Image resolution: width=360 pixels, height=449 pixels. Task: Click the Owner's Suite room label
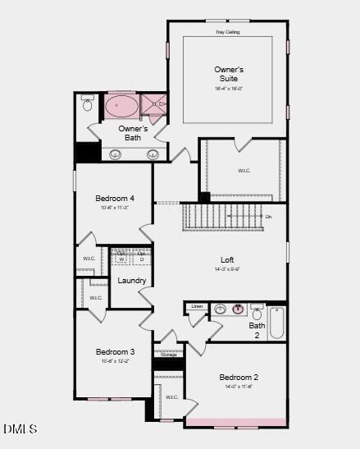pos(229,74)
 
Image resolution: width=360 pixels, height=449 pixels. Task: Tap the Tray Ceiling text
pos(227,32)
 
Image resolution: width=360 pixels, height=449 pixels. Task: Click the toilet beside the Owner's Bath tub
pos(88,105)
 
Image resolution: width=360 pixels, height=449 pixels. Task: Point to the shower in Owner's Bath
pos(153,105)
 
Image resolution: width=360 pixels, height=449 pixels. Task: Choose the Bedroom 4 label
pos(115,199)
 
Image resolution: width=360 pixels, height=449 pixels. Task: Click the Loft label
pos(227,260)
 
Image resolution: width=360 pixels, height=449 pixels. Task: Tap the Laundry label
pos(132,281)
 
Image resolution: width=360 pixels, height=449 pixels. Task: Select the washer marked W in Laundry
pos(121,259)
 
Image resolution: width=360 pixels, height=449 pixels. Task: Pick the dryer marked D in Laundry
pos(141,259)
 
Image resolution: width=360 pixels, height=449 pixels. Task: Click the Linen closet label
pos(196,306)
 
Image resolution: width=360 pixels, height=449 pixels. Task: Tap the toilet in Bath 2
pos(257,314)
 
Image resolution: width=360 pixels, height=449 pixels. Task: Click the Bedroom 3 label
pos(115,352)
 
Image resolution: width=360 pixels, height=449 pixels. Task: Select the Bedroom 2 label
pos(239,378)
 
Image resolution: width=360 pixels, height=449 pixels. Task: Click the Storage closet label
pos(167,355)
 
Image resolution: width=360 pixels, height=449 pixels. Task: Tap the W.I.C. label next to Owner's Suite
pos(244,171)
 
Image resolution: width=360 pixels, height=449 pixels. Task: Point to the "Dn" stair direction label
pos(268,216)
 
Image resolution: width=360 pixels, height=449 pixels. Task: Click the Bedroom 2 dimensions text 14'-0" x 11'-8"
pos(239,387)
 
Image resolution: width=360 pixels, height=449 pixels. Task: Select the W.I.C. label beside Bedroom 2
pos(171,397)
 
